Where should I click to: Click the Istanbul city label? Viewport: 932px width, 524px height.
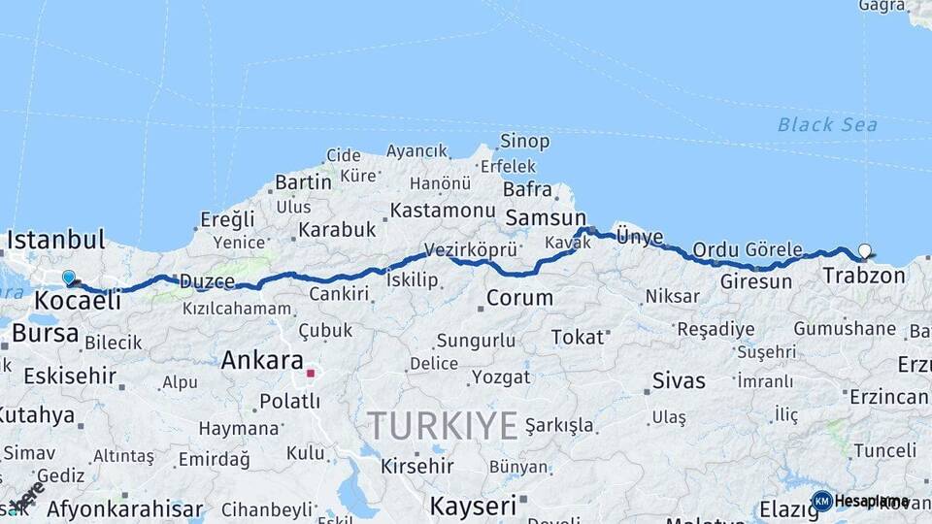coord(55,240)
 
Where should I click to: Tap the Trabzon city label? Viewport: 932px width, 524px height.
coord(864,276)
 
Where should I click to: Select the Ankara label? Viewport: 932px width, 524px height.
coord(262,360)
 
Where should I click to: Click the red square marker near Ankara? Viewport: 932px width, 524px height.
coord(311,372)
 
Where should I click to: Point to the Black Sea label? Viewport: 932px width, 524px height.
coord(827,125)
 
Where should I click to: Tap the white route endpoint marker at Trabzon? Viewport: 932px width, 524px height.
coord(865,250)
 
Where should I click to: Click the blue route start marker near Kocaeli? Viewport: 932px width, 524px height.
coord(69,278)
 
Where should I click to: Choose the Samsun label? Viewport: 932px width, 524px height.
coord(546,218)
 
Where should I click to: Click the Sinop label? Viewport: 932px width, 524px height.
coord(525,142)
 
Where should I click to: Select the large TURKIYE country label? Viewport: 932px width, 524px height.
coord(443,425)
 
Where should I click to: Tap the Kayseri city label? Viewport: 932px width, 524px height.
coord(473,506)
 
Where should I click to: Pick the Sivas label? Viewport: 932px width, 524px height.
coord(679,379)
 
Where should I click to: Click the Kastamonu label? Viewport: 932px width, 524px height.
coord(443,210)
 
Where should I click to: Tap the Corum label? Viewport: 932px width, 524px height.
coord(519,298)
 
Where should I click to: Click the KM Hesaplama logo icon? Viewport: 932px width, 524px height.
coord(822,501)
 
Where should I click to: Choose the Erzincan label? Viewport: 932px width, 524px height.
coord(888,397)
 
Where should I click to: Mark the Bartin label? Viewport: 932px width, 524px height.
coord(303,181)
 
